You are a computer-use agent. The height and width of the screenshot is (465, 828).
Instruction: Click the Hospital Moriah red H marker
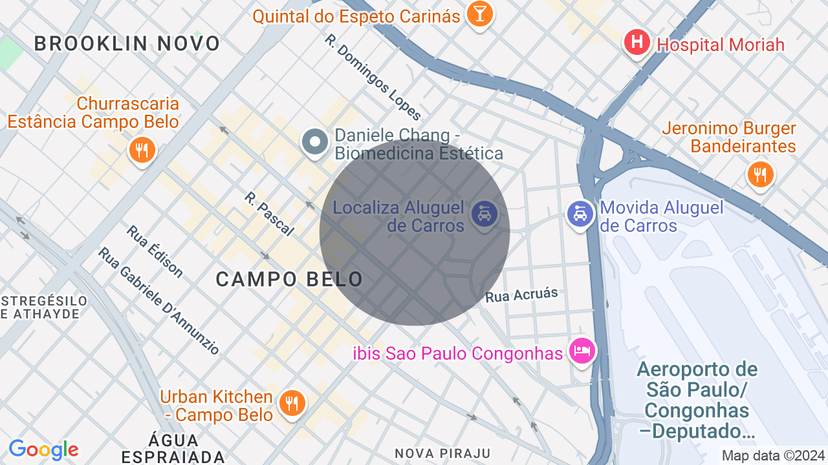pos(637,43)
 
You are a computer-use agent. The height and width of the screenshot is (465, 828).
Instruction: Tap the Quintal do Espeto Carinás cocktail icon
pos(479,14)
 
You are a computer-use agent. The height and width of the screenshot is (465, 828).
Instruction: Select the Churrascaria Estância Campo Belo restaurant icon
pos(141,150)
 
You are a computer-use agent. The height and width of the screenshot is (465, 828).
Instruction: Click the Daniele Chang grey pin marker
pos(316,142)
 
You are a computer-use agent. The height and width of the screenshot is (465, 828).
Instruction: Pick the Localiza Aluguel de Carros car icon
pos(484,212)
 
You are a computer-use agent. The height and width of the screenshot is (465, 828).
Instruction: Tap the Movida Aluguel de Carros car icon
pos(580,213)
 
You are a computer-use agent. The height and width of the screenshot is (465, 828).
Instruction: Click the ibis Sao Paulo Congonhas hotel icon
pos(582,351)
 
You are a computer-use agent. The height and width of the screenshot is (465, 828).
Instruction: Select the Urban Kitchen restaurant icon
pos(292,403)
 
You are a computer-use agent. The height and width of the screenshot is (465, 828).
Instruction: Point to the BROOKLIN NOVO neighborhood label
pos(127,44)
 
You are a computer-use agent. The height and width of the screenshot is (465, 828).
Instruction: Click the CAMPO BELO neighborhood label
pos(289,280)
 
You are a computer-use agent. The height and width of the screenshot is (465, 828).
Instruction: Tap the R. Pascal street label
pos(269,214)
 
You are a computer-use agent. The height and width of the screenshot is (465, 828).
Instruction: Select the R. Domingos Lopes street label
pos(373,77)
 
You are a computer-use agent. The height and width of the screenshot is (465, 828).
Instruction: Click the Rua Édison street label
pos(155,251)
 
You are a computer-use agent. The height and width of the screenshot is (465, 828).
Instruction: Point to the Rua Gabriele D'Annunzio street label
pos(159,300)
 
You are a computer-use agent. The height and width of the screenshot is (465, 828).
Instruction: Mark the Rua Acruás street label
pos(521,295)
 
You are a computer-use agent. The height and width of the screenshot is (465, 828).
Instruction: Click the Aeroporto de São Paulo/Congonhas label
pos(697,400)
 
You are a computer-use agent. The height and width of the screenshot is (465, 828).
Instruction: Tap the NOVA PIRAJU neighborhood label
pos(443,453)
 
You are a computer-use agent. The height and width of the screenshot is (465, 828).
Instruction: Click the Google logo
pos(43,449)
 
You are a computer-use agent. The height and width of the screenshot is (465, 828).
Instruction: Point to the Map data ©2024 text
pos(774,455)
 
